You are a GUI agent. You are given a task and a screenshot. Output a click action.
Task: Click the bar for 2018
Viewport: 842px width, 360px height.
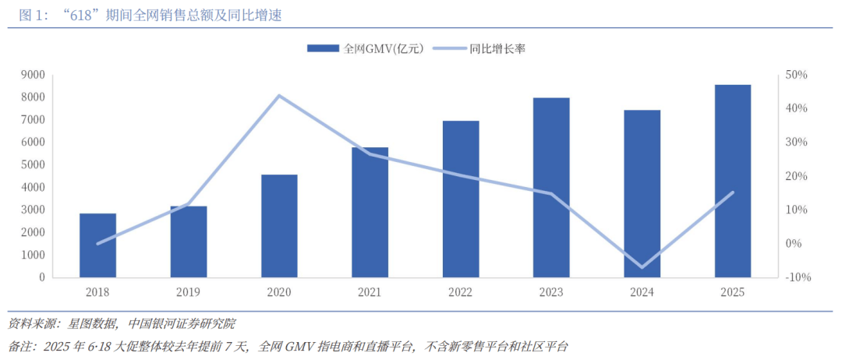[x=97, y=245]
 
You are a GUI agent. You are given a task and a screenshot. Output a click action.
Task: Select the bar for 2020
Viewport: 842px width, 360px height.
[x=279, y=226]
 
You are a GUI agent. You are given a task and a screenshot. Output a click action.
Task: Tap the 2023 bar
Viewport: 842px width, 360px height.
[x=551, y=187]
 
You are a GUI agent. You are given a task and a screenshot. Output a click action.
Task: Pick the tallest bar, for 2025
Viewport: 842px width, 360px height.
[x=733, y=181]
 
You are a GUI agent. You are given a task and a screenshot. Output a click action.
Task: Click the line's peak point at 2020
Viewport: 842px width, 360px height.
[x=279, y=96]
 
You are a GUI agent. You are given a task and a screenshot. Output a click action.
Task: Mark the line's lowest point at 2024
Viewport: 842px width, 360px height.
[x=642, y=267]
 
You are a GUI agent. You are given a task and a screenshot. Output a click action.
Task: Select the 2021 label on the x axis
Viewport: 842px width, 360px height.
[x=370, y=292]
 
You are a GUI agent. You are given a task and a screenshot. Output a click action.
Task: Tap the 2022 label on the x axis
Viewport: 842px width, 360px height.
[x=460, y=292]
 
